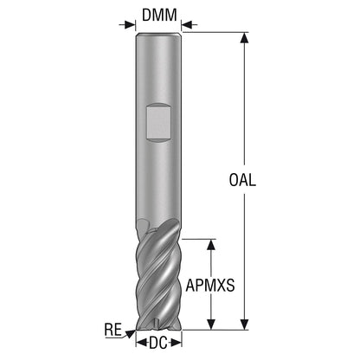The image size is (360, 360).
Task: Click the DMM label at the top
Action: (x=159, y=15)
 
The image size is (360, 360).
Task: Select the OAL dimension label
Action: (x=242, y=180)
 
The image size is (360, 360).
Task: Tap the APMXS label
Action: (x=210, y=286)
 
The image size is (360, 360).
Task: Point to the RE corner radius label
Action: (x=113, y=330)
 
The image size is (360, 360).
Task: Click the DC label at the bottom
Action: (x=158, y=343)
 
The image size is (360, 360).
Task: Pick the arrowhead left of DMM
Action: (x=130, y=24)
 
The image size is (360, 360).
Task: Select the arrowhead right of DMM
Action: (x=187, y=24)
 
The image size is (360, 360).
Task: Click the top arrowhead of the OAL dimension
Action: (x=245, y=38)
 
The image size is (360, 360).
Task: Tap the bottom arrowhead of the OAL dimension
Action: (x=245, y=324)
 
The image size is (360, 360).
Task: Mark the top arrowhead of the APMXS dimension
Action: (x=211, y=245)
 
